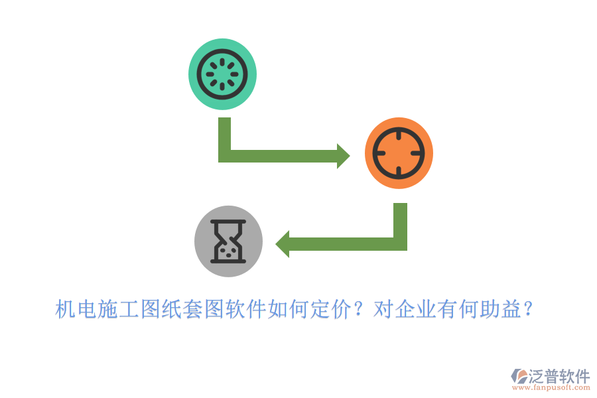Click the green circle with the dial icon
(222, 74)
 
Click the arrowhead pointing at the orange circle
(343, 156)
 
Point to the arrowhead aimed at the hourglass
(283, 243)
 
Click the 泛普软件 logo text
(559, 376)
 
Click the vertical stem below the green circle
(225, 136)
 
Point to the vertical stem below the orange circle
(400, 222)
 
